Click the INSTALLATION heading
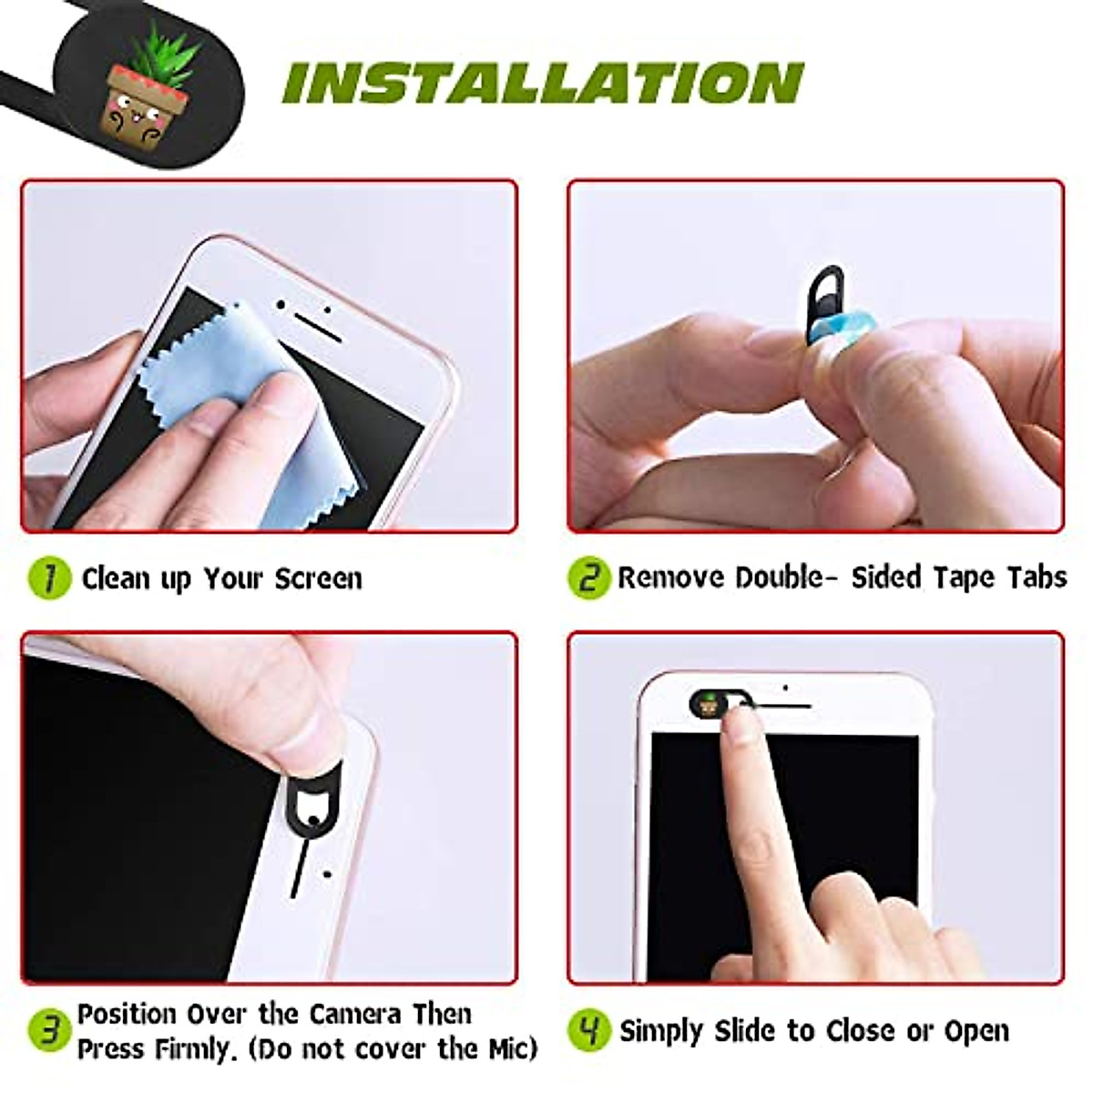point(543,84)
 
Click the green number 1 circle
point(49,577)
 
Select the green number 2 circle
point(588,577)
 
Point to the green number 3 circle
point(49,1031)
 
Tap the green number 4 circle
point(588,1030)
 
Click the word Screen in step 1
point(318,578)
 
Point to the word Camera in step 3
point(354,1015)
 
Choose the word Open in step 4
point(976,1032)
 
